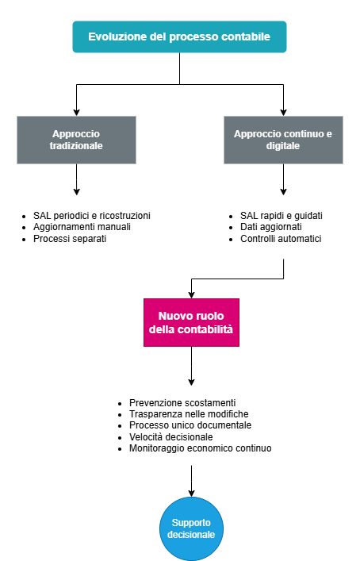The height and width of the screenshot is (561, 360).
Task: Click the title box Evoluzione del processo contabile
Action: coord(179,37)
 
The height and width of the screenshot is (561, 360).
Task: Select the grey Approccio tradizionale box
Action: coord(77,140)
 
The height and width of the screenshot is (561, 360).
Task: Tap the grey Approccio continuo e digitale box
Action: coord(283,140)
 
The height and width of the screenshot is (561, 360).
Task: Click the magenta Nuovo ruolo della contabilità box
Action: coord(191,322)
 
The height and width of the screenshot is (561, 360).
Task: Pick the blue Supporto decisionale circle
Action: coord(191,529)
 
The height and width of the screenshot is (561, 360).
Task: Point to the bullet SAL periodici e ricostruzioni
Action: coord(91,215)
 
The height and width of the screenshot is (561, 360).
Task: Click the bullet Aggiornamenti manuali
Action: coord(82,227)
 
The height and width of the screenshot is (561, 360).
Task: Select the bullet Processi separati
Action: coord(70,238)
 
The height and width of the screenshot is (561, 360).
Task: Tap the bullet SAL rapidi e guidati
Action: coord(281,215)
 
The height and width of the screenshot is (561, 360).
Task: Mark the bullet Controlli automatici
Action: coord(281,238)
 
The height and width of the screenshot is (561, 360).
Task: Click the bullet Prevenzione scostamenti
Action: coord(182,402)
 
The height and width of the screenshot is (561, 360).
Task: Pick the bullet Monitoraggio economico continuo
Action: coord(200,448)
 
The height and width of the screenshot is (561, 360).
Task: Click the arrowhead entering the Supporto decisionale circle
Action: coord(191,493)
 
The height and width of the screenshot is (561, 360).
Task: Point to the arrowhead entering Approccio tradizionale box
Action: coord(77,111)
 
